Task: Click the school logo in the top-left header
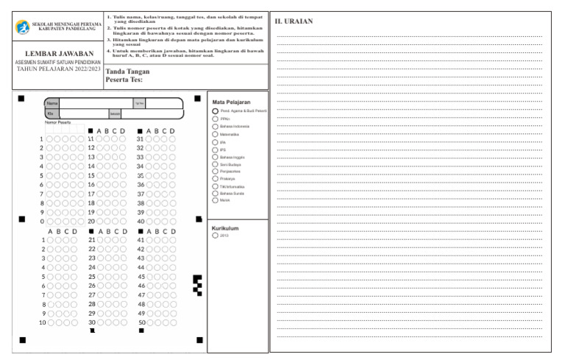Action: coord(23,27)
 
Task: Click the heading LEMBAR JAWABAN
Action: coord(60,54)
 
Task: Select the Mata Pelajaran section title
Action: coord(231,102)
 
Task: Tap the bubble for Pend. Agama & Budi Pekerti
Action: coord(215,110)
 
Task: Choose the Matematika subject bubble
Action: coord(215,135)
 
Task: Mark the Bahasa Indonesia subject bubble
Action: coord(215,127)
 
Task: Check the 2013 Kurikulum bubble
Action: coord(215,236)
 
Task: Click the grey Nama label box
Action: coord(52,103)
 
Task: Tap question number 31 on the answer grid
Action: coord(140,139)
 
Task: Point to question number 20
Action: coord(92,221)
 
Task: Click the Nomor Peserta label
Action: coord(58,122)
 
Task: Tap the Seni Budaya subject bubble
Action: coord(215,166)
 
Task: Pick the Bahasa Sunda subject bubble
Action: coord(215,193)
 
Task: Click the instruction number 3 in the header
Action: coord(108,38)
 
